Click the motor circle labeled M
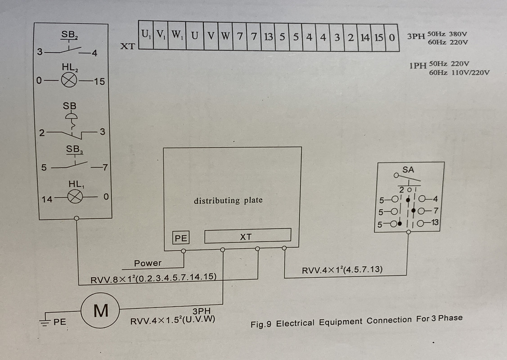pyautogui.click(x=100, y=310)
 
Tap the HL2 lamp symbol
pyautogui.click(x=69, y=80)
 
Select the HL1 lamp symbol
pyautogui.click(x=75, y=196)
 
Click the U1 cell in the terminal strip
pyautogui.click(x=146, y=35)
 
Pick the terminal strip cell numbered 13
pyautogui.click(x=268, y=36)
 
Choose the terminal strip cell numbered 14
pyautogui.click(x=365, y=37)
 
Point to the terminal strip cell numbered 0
pyautogui.click(x=392, y=38)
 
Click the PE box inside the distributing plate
pyautogui.click(x=181, y=238)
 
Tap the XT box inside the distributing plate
pyautogui.click(x=248, y=236)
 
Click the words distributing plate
pyautogui.click(x=228, y=201)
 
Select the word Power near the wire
pyautogui.click(x=148, y=263)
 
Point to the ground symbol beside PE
pyautogui.click(x=45, y=321)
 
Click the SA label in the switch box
pyautogui.click(x=408, y=170)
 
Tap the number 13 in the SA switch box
pyautogui.click(x=435, y=222)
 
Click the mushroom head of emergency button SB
pyautogui.click(x=72, y=116)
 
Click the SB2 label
pyautogui.click(x=69, y=35)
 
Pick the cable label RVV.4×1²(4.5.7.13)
pyautogui.click(x=342, y=270)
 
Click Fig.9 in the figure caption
pyautogui.click(x=260, y=324)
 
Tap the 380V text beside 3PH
pyautogui.click(x=458, y=34)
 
